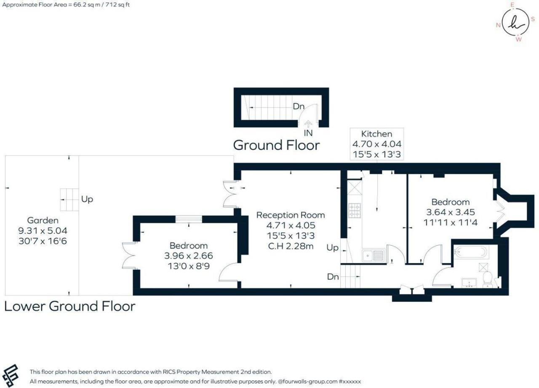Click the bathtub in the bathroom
point(471,252)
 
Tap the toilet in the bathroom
point(488,279)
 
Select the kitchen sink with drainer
point(373,255)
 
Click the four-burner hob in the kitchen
point(355,210)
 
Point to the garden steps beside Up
point(69,199)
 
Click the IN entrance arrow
point(308,124)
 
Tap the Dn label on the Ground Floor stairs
point(299,106)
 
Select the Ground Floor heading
point(277,145)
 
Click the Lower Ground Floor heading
point(70,306)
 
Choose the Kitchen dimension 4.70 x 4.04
point(377,144)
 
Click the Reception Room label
point(291,215)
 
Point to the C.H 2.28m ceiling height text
point(291,246)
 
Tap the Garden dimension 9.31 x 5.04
point(43,231)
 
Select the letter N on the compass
point(498,25)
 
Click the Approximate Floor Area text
point(66,5)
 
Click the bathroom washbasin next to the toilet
point(469,283)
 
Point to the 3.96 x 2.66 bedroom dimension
point(189,256)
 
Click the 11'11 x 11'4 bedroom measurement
point(451,223)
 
